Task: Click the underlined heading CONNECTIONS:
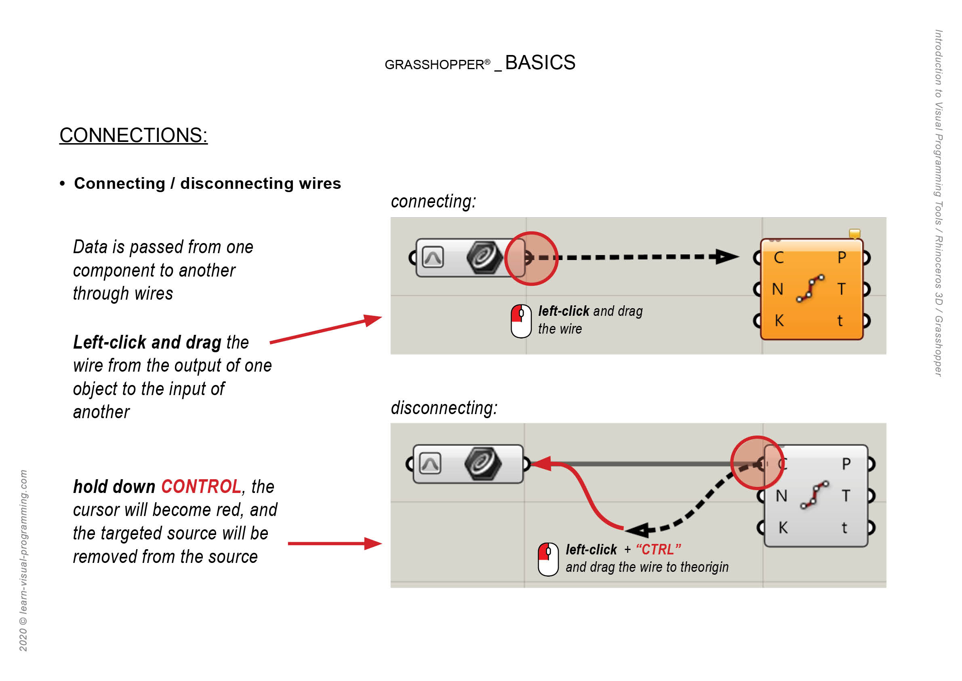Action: click(x=133, y=135)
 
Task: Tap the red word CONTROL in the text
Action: click(x=201, y=487)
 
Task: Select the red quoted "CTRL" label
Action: click(x=658, y=549)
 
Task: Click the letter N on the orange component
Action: click(x=778, y=289)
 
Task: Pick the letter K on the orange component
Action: click(x=779, y=321)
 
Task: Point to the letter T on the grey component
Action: click(x=846, y=496)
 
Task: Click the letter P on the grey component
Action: click(x=846, y=464)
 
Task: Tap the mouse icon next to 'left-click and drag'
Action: click(x=521, y=321)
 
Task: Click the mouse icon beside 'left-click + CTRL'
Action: click(x=548, y=559)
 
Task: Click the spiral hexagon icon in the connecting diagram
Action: click(x=485, y=257)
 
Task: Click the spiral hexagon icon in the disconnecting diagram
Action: click(x=483, y=464)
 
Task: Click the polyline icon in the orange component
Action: click(x=810, y=288)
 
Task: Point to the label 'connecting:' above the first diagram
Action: click(x=433, y=201)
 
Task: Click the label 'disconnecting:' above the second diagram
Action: click(x=444, y=408)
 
